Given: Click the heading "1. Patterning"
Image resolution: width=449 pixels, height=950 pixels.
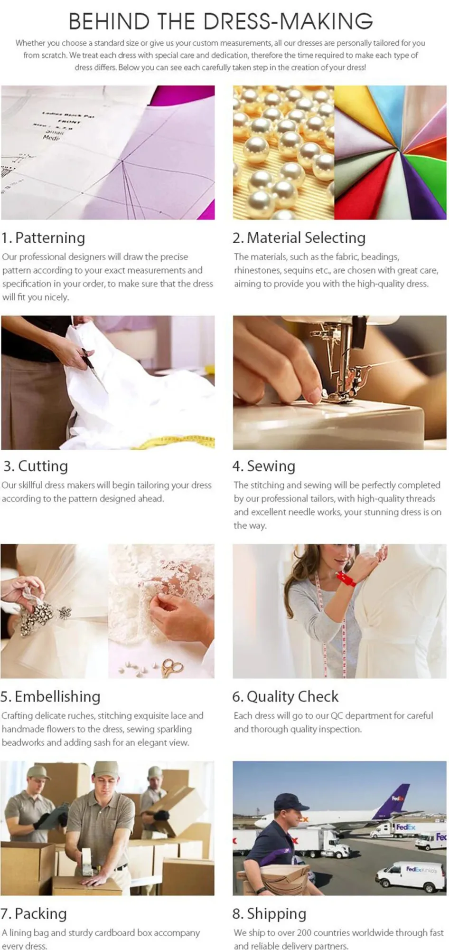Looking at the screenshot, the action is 43,237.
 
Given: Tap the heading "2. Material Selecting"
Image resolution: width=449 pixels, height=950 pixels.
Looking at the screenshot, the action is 299,237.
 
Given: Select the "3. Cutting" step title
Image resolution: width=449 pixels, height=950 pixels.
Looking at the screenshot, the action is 36,466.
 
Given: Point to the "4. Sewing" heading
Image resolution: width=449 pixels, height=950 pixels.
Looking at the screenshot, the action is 264,466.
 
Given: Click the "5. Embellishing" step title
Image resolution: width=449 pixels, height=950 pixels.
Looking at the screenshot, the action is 50,696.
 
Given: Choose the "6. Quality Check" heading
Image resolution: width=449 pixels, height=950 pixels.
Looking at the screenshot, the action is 285,696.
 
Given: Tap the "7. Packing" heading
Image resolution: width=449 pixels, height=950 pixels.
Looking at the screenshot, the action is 34,913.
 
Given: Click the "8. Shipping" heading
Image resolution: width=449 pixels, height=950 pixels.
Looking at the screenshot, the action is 269,913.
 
